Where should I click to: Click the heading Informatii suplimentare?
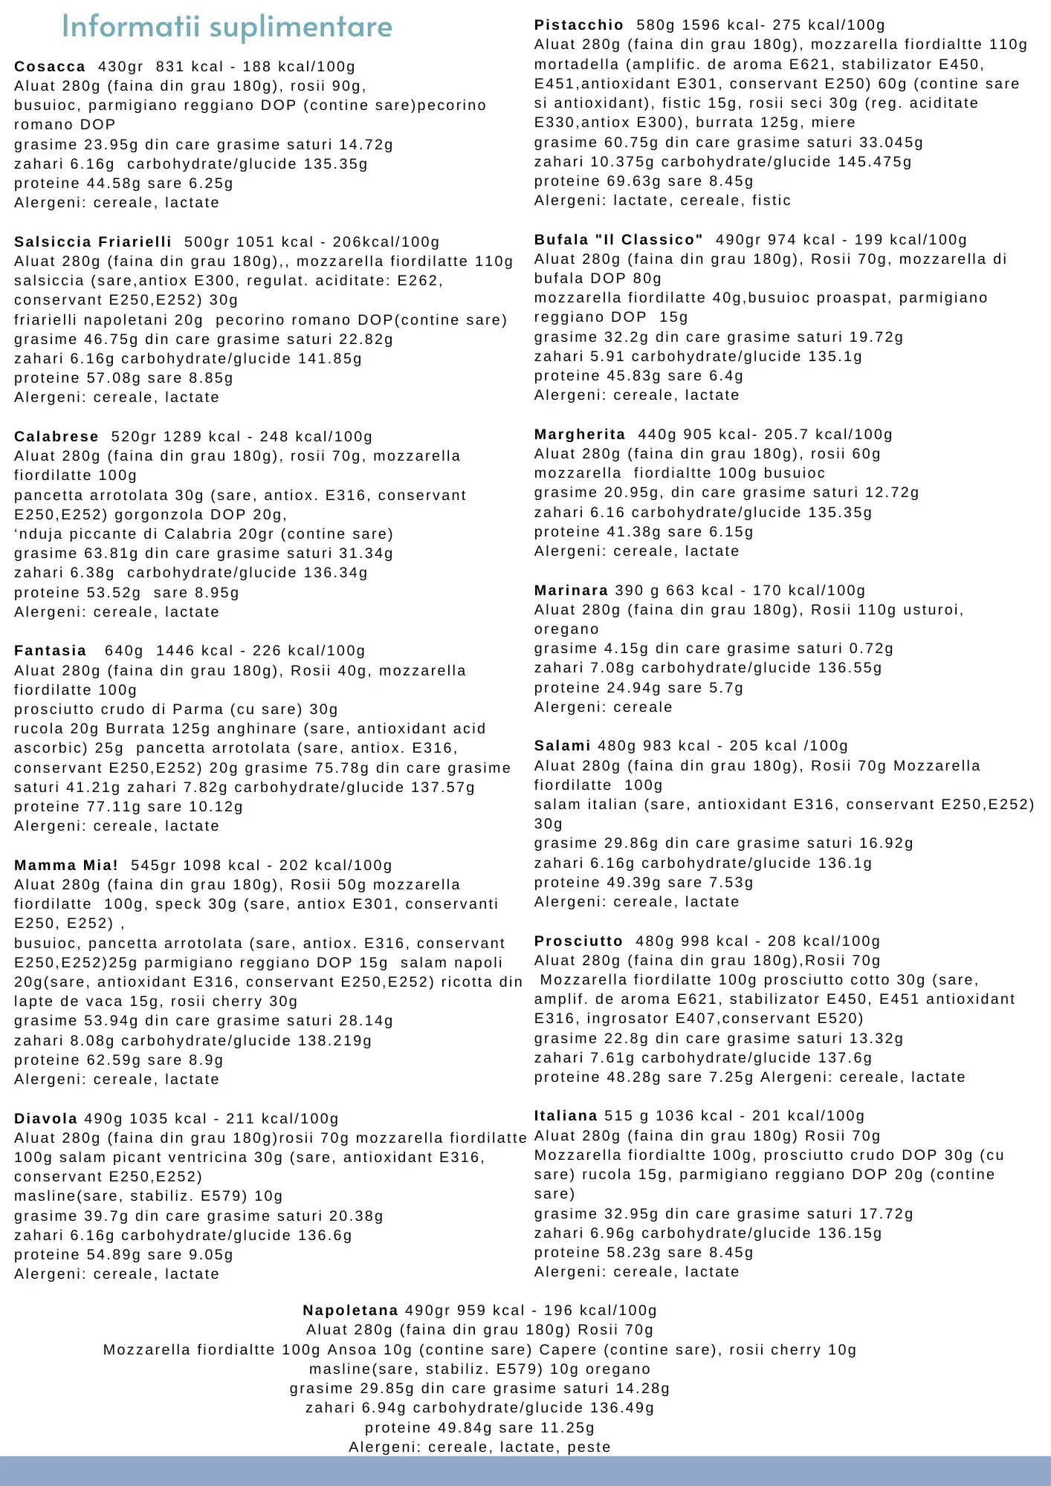coord(227,27)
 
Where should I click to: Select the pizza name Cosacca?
coord(50,67)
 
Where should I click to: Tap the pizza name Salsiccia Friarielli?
coord(93,242)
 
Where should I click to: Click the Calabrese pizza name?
coord(56,437)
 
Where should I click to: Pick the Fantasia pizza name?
coord(50,651)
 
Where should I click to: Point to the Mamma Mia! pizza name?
coord(66,866)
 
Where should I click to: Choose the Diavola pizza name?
coord(45,1119)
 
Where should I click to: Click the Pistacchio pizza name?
coord(579,25)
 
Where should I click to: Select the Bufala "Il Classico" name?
coord(618,240)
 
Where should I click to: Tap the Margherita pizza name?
coord(580,435)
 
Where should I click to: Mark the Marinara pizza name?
coord(571,591)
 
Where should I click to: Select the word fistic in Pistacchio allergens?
coord(771,201)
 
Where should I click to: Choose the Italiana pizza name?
coord(566,1116)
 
